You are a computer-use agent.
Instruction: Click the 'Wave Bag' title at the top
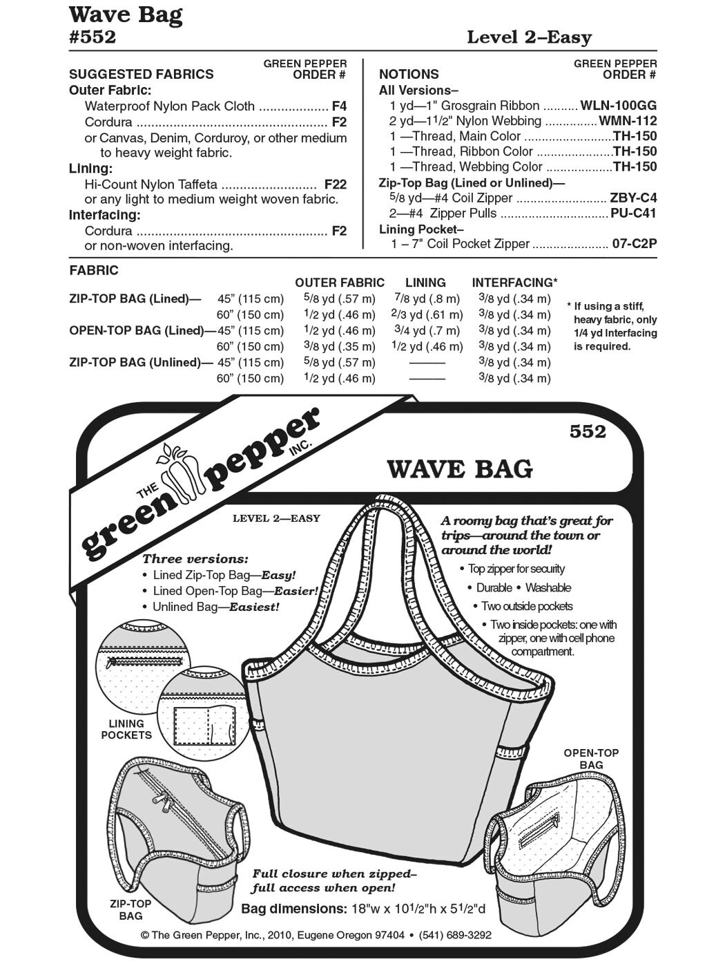[x=126, y=15]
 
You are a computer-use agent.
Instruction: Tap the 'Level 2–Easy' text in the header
[x=529, y=37]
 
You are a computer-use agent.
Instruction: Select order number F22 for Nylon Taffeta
[x=336, y=185]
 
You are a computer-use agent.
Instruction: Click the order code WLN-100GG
[x=619, y=106]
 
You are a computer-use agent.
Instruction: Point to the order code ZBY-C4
[x=633, y=198]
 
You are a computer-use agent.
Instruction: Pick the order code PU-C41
[x=633, y=214]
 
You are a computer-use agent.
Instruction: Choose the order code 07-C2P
[x=635, y=244]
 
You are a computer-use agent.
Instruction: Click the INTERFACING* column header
[x=514, y=283]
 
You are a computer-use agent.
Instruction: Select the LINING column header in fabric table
[x=425, y=283]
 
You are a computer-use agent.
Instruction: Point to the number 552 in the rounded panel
[x=588, y=433]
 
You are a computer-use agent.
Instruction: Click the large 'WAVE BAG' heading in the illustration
[x=460, y=469]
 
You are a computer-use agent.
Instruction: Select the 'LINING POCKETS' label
[x=126, y=729]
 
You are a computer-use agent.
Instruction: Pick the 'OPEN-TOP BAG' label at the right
[x=591, y=759]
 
